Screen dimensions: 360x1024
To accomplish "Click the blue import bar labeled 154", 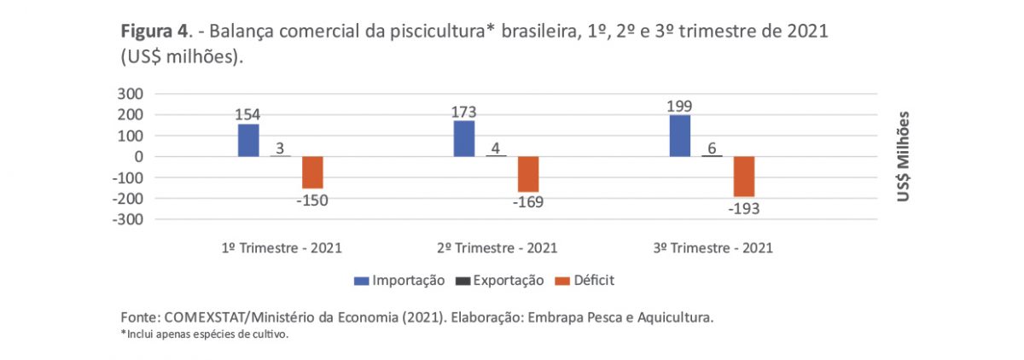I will coord(248,140).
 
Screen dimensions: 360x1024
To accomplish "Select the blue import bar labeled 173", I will coord(464,138).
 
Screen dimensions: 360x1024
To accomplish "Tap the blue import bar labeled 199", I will coord(679,136).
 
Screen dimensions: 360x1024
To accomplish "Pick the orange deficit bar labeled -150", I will coord(313,172).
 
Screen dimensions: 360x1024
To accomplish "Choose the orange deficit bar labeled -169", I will coord(528,174).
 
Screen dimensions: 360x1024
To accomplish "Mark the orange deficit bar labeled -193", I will coord(744,177).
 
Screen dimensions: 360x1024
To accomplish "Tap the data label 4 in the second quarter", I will coord(497,148).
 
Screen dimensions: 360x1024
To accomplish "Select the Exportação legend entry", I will coord(503,279).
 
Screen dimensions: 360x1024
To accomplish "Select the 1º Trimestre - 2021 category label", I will coord(281,248).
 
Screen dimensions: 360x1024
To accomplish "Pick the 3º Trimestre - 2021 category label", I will coord(713,248).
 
